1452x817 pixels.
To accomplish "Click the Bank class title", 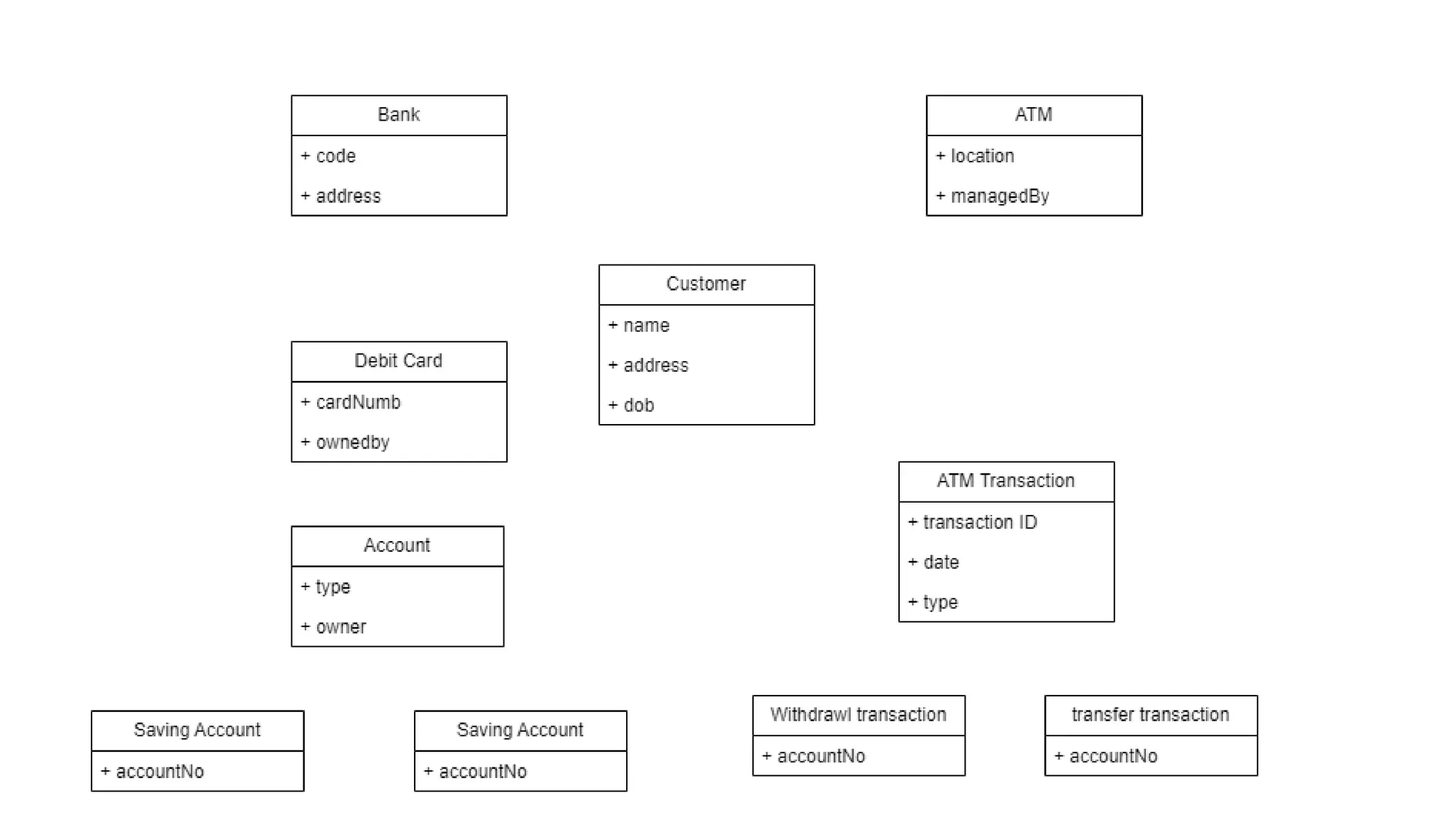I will pyautogui.click(x=398, y=115).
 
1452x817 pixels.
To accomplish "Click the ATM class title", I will pyautogui.click(x=1033, y=115).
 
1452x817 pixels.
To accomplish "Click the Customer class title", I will pyautogui.click(x=705, y=284).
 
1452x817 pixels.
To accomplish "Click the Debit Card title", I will pyautogui.click(x=398, y=361).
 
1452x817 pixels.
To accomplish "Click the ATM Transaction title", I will pyautogui.click(x=1005, y=481).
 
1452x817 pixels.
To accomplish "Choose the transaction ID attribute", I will pyautogui.click(x=979, y=523).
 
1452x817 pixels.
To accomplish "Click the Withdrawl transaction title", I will pyautogui.click(x=858, y=715).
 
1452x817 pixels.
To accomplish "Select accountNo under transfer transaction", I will pyautogui.click(x=1112, y=757).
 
